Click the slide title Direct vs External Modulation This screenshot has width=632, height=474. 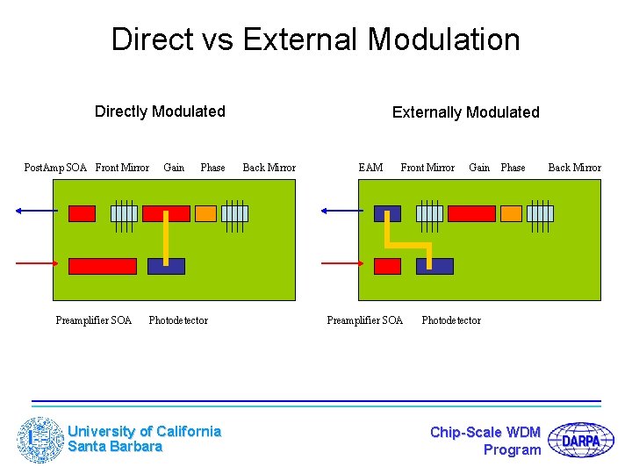pos(315,39)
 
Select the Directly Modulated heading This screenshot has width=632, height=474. pos(160,111)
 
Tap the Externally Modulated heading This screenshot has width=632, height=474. pos(465,112)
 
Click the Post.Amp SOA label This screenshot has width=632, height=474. pos(55,168)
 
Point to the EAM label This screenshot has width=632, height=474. pos(370,168)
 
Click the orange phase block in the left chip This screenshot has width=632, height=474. pos(205,213)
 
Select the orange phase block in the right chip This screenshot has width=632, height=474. pos(512,213)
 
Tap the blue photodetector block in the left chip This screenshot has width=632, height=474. pos(166,266)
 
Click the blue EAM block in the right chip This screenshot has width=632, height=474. pos(387,213)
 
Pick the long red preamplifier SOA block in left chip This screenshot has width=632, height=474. pos(103,266)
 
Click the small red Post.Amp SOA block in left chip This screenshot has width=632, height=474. pos(82,213)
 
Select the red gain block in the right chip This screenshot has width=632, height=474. pos(471,213)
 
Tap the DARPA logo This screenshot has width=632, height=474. pos(580,440)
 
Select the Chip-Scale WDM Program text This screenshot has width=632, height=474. pos(486,441)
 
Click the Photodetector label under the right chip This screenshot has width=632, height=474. pos(451,320)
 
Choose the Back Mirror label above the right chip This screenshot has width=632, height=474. pos(574,168)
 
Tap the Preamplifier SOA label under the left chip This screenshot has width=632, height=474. pos(93,320)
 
